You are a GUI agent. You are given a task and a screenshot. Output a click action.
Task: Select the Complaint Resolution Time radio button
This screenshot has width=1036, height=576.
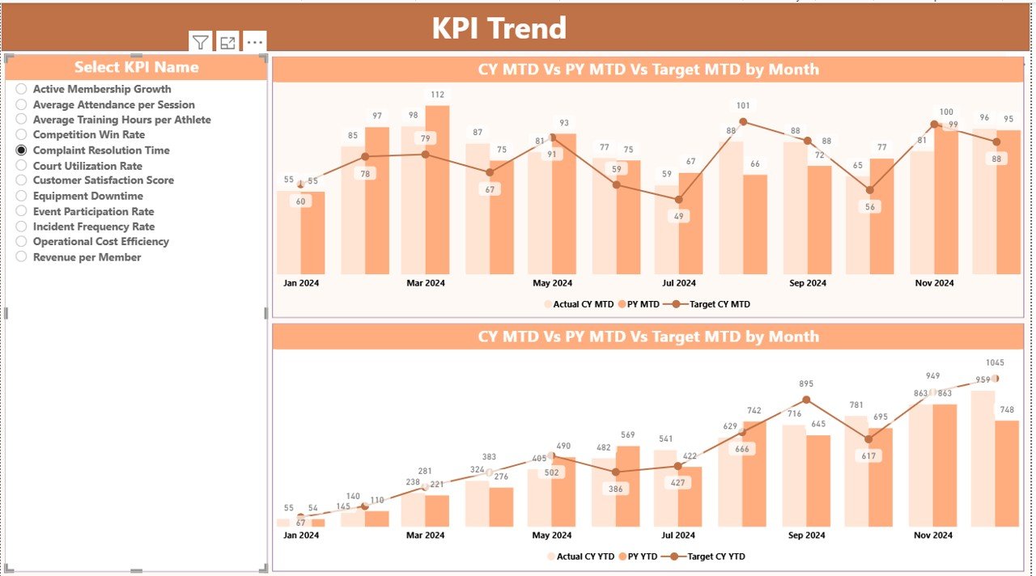click(22, 150)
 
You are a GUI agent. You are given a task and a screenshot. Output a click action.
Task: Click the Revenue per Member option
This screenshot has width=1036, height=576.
click(22, 257)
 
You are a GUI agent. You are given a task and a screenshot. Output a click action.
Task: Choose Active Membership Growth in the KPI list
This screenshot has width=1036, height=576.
click(22, 89)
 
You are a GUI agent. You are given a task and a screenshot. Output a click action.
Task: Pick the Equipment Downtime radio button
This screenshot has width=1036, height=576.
click(22, 196)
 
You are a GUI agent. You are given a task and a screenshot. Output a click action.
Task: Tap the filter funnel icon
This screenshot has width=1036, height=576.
click(200, 43)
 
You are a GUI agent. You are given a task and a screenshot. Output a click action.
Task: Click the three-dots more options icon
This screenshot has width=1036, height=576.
click(254, 43)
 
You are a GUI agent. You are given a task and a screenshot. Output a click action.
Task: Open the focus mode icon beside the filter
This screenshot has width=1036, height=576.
click(227, 43)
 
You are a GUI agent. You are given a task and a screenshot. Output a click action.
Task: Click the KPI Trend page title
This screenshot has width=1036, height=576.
click(499, 28)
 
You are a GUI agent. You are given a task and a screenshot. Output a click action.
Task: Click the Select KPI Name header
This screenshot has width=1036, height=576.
click(136, 67)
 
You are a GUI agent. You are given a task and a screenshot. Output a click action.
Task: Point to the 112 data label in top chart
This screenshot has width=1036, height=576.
click(437, 95)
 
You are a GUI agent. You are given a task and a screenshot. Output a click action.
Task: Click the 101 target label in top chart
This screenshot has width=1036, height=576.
click(743, 105)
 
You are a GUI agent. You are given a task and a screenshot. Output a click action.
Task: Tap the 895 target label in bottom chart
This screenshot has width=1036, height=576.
click(806, 383)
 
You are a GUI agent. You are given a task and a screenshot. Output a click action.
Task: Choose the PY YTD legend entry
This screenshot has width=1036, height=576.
click(644, 557)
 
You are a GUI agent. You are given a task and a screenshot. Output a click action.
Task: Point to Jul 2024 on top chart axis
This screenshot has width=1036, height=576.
click(679, 283)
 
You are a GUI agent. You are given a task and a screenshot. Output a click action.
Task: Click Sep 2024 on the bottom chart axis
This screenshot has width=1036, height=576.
click(807, 535)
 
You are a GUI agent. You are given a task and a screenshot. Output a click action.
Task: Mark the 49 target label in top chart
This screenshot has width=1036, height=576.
click(678, 216)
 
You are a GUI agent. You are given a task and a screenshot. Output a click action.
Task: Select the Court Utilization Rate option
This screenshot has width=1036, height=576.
click(22, 166)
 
